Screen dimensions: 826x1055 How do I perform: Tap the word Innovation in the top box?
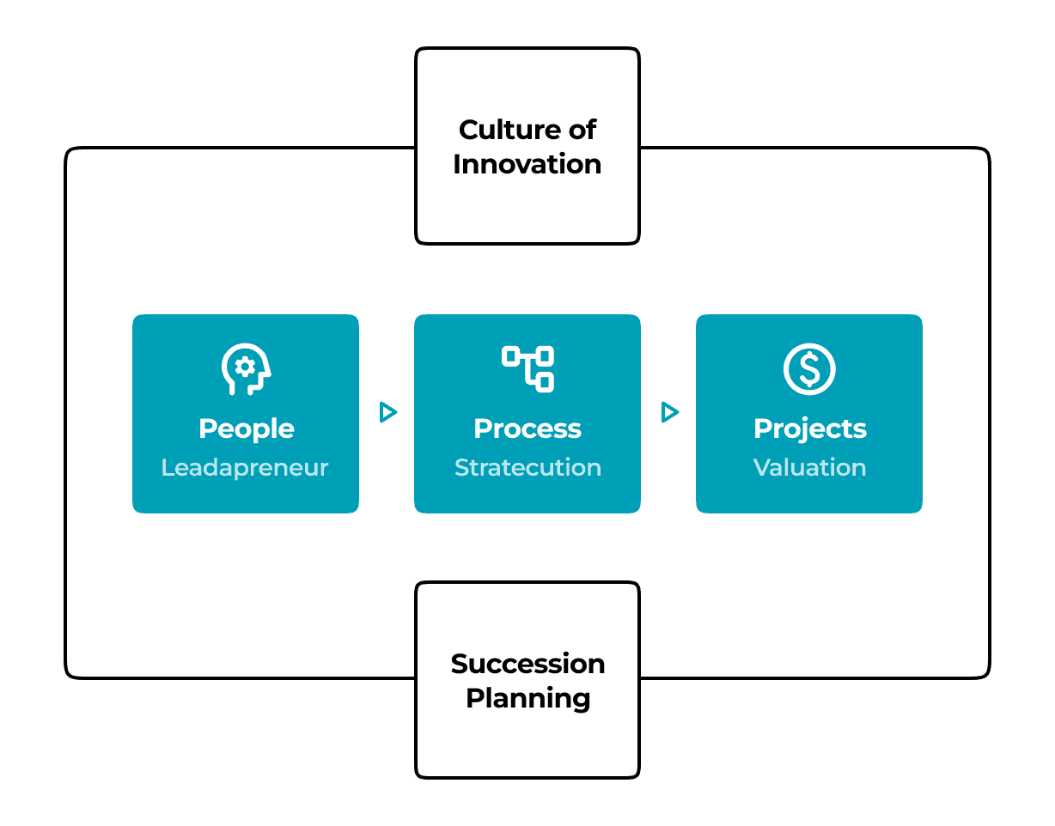tap(527, 164)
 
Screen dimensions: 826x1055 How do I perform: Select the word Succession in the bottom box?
tap(527, 664)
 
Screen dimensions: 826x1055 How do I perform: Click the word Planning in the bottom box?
tap(527, 698)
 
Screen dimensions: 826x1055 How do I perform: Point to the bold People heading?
tap(246, 428)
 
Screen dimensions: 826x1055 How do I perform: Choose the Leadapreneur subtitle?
tap(245, 468)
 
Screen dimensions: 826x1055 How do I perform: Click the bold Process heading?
tap(527, 428)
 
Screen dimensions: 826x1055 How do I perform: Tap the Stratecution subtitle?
tap(527, 468)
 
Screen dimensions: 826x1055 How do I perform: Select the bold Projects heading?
tap(809, 428)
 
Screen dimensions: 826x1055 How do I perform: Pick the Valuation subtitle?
tap(809, 468)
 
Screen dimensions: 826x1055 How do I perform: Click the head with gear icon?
tap(246, 369)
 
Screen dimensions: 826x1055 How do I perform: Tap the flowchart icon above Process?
tap(527, 369)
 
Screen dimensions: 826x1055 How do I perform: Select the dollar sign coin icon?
tap(809, 369)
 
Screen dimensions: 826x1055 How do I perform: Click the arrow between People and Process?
tap(387, 413)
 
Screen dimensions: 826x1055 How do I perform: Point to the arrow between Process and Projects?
tap(669, 413)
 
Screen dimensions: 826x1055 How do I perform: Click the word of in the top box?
tap(579, 130)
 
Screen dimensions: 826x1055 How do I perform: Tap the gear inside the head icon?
tap(245, 367)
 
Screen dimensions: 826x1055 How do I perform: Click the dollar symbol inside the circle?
tap(809, 369)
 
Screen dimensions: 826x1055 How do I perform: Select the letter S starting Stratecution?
tap(461, 468)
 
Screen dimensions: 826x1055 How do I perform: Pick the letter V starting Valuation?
tap(760, 468)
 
